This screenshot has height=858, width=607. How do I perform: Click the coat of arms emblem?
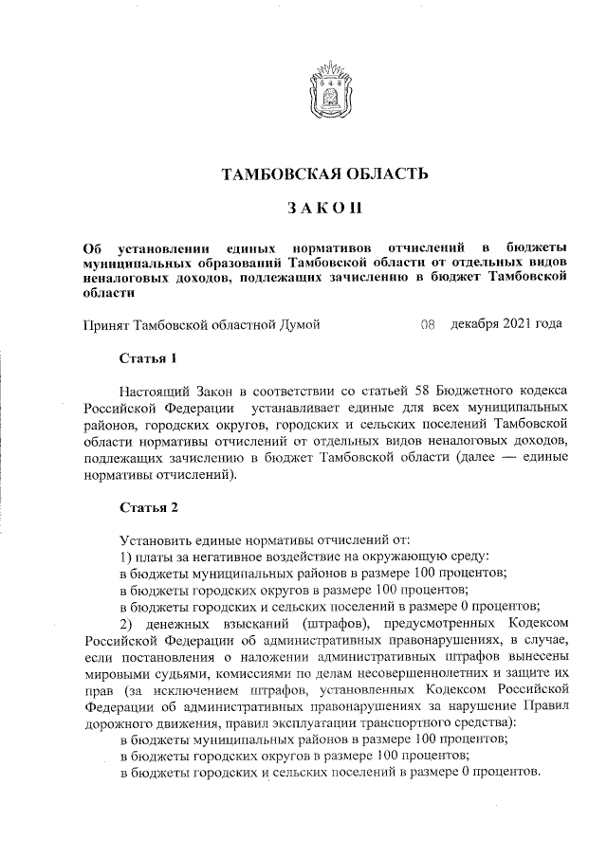pos(325,88)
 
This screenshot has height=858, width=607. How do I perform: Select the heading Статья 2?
pos(148,508)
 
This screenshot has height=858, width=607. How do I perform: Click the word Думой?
pos(298,325)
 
